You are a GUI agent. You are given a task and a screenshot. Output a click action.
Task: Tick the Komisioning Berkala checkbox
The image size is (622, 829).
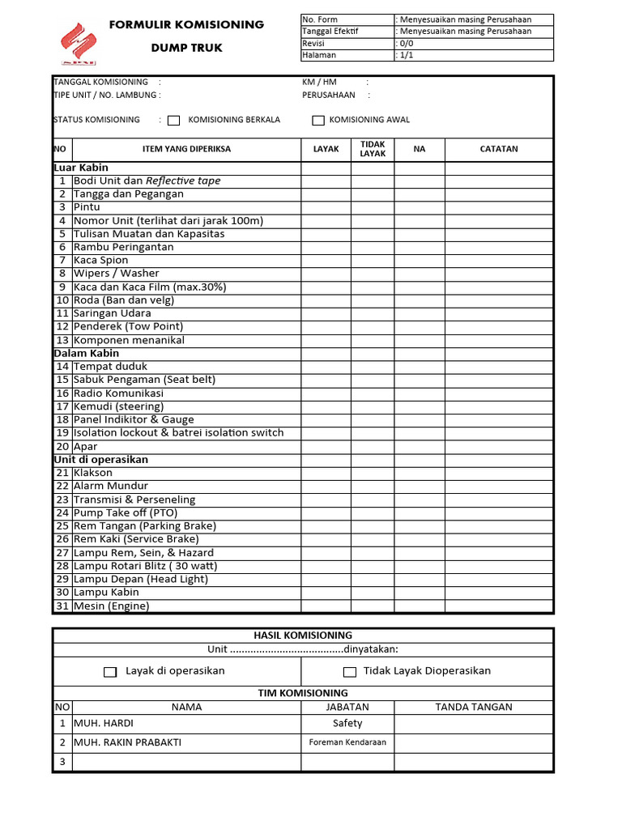(x=173, y=121)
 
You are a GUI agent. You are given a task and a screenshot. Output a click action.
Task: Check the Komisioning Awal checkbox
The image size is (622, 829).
(x=318, y=121)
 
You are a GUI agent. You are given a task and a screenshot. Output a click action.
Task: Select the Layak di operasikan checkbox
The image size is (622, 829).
(x=111, y=672)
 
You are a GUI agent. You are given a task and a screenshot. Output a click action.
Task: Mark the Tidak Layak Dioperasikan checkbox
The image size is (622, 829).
(x=350, y=672)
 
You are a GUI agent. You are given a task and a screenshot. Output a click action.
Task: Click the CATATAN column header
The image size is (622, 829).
(x=499, y=149)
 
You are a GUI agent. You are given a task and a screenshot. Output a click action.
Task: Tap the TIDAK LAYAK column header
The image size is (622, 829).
(x=373, y=149)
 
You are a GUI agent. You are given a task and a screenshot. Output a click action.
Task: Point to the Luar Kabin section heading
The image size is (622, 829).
(x=81, y=168)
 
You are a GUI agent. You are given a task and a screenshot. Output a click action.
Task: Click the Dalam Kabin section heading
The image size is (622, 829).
(x=87, y=353)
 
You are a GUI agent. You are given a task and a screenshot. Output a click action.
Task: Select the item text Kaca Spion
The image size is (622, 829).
(x=101, y=260)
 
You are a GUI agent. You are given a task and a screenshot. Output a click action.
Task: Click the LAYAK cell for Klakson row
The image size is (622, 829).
(x=326, y=473)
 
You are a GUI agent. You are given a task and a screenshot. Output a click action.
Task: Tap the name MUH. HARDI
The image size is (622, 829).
(x=104, y=723)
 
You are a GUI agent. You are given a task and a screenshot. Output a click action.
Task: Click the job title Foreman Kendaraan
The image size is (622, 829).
(x=347, y=742)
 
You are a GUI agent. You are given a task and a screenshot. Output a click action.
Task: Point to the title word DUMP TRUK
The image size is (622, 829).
(x=186, y=48)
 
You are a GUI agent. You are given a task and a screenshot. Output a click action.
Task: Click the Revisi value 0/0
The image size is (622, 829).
(x=405, y=44)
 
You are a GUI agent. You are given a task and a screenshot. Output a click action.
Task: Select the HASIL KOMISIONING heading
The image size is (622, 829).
(x=303, y=636)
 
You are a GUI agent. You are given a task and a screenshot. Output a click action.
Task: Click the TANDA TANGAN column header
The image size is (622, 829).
(x=474, y=707)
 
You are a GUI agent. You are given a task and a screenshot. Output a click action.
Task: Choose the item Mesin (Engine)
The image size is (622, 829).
(x=112, y=606)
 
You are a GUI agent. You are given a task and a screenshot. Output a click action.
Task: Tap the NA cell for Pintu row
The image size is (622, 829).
(x=419, y=207)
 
